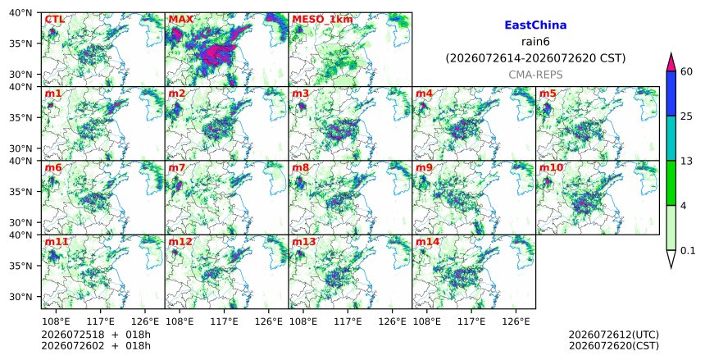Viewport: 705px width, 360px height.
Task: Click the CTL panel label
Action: tap(54, 20)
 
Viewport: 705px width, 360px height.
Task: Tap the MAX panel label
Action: tap(180, 20)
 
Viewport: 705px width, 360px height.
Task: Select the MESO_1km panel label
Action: tap(322, 20)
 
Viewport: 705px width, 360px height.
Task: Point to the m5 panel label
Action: tap(548, 93)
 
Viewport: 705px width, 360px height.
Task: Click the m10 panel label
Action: tap(551, 168)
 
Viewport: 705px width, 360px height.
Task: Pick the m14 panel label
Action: tap(427, 242)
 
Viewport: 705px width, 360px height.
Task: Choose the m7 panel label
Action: tap(177, 168)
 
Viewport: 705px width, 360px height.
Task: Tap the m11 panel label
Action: tap(57, 242)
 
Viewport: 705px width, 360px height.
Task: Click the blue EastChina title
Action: tap(535, 25)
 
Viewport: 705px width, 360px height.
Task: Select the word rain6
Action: tap(535, 42)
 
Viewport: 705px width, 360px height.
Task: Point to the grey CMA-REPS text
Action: tap(535, 75)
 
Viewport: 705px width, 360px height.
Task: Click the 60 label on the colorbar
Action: tap(686, 71)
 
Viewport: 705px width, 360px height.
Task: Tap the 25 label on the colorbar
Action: tap(686, 116)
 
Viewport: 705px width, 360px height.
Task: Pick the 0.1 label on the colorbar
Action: tap(688, 251)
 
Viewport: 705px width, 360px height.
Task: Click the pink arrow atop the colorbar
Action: tap(671, 63)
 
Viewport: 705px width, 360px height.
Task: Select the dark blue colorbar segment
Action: tap(671, 93)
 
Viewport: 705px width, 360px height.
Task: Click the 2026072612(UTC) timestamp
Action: tap(614, 335)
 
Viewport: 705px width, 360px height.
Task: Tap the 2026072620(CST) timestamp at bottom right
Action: tap(614, 346)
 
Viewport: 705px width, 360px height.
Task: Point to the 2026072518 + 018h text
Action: tap(96, 335)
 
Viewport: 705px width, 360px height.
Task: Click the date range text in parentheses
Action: tap(535, 58)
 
